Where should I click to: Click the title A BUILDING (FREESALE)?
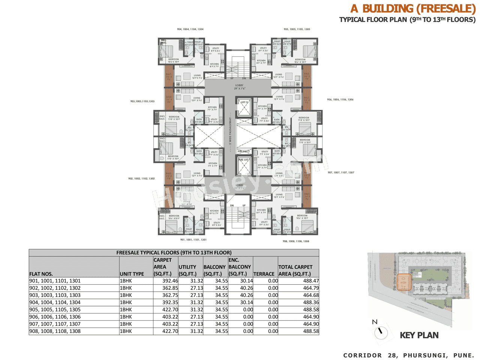pos(413,9)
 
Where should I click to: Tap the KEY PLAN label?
pos(419,335)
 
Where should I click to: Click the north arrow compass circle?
pos(381,332)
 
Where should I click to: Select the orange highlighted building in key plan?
pos(405,282)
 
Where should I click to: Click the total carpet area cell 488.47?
pos(311,281)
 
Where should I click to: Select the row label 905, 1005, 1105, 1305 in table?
pos(55,310)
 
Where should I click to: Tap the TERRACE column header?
pos(264,274)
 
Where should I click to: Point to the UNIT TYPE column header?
pos(132,274)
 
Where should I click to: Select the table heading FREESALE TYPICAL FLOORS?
pos(174,253)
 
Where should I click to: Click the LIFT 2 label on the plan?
pos(244,102)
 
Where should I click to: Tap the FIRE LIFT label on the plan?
pos(244,160)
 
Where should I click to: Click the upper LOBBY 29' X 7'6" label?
pos(239,87)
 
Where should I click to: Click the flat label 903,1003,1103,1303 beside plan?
pos(142,101)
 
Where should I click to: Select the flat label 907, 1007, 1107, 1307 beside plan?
pos(341,172)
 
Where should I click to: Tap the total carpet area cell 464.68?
pos(311,295)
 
